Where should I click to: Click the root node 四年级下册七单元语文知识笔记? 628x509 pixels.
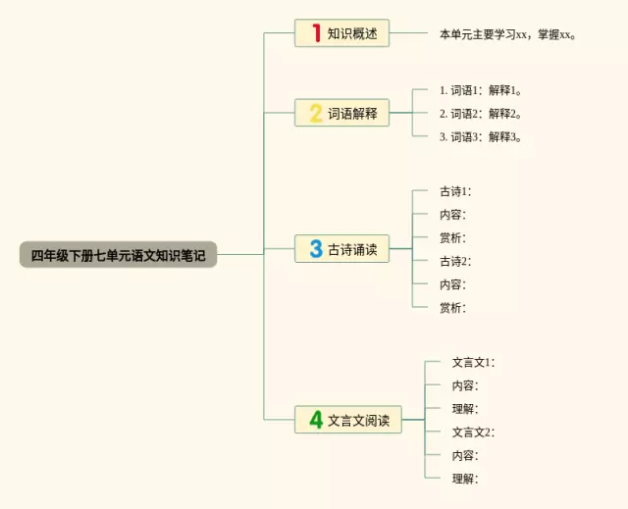(x=118, y=255)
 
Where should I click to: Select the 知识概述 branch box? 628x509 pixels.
(x=341, y=33)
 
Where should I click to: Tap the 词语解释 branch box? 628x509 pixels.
(x=341, y=113)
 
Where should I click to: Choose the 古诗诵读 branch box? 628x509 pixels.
(x=341, y=249)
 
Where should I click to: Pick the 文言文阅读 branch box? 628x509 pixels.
(x=347, y=420)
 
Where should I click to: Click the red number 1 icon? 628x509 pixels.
(x=316, y=33)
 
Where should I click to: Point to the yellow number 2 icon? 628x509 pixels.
(x=316, y=113)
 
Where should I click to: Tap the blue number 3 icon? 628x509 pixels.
(x=316, y=249)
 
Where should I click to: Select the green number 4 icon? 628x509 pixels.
(x=316, y=420)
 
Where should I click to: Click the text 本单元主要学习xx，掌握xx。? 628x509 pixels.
(x=508, y=34)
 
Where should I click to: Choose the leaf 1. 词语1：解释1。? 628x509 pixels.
(x=479, y=89)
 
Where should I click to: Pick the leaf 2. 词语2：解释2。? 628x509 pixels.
(x=479, y=113)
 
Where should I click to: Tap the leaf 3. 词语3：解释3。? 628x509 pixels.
(x=479, y=136)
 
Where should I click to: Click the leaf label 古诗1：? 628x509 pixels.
(x=455, y=191)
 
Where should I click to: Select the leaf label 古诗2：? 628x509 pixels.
(x=455, y=261)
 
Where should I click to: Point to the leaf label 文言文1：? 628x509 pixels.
(x=473, y=362)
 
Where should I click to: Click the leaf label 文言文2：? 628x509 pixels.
(x=473, y=432)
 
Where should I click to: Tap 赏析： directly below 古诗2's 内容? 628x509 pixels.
(x=452, y=308)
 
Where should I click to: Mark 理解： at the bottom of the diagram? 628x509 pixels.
(x=464, y=479)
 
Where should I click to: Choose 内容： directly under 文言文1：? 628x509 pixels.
(x=464, y=385)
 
